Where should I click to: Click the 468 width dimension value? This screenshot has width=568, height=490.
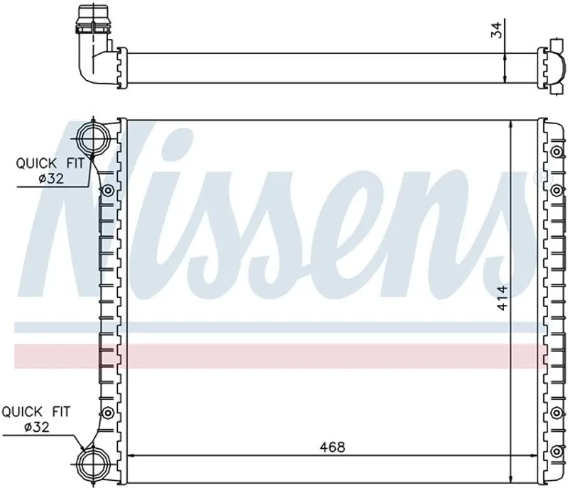(x=332, y=447)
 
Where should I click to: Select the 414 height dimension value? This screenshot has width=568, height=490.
(x=502, y=298)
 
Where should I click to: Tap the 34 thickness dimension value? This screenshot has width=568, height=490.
(x=496, y=30)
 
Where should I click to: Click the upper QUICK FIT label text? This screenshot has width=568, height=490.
(x=50, y=164)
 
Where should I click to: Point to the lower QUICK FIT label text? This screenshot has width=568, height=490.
(x=36, y=412)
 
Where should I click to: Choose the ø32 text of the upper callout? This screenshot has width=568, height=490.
(x=51, y=179)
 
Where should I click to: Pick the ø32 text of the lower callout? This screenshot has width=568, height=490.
(x=37, y=428)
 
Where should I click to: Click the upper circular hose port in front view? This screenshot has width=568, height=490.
(x=94, y=138)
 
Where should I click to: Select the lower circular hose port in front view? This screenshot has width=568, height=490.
(x=94, y=464)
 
